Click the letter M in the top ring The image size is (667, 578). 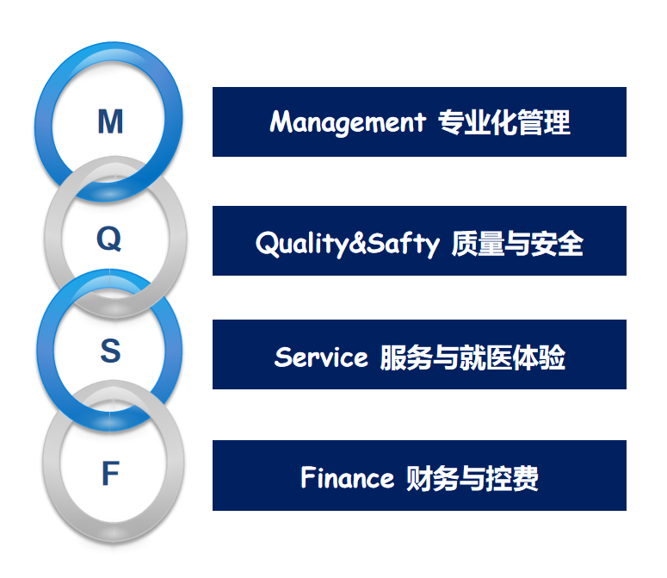[111, 121]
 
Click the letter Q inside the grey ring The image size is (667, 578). [109, 239]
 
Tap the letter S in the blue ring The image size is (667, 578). [111, 351]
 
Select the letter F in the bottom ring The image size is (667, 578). [111, 473]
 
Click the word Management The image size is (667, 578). [348, 122]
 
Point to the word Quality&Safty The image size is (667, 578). [348, 244]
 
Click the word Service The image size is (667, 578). [321, 357]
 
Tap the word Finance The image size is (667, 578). [348, 477]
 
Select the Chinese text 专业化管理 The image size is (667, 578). [504, 122]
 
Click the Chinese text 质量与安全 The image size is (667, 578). [517, 244]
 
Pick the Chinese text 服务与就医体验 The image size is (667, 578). [472, 357]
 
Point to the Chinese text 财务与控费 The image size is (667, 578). [472, 478]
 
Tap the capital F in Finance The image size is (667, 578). [307, 477]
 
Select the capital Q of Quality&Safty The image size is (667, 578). [266, 244]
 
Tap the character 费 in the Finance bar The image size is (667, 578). [525, 478]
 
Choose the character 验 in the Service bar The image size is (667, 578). [553, 357]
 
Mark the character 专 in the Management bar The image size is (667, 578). [451, 122]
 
